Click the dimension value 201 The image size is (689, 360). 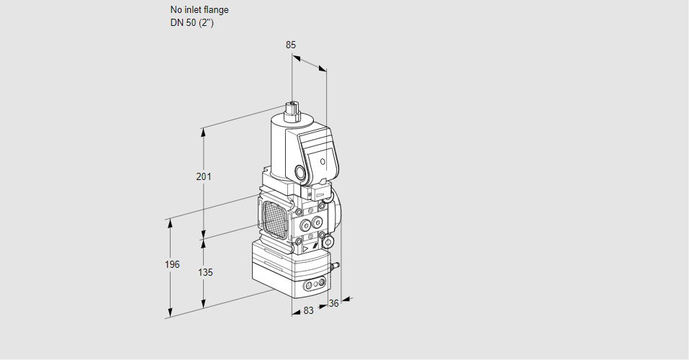click(x=204, y=176)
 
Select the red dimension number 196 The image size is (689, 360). click(x=171, y=264)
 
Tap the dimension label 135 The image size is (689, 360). click(x=204, y=272)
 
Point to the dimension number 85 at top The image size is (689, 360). click(x=291, y=45)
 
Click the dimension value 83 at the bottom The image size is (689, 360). click(x=308, y=311)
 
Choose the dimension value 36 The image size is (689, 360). click(x=333, y=304)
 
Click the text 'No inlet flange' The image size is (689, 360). click(x=199, y=11)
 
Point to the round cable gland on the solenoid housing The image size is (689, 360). click(x=299, y=173)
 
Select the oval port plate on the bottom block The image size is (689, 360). click(x=315, y=286)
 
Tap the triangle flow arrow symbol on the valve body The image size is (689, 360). click(x=305, y=248)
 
